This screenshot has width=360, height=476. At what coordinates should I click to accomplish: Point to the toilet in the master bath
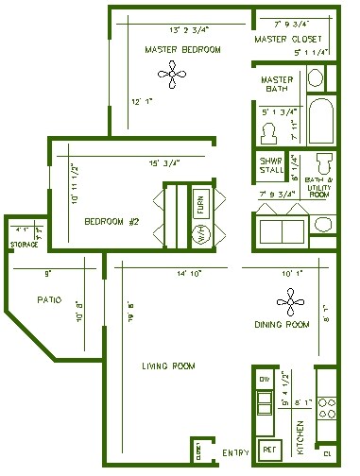tap(268, 129)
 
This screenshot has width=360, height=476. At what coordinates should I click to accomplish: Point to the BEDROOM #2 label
tap(111, 223)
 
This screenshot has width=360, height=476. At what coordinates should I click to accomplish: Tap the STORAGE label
tap(24, 245)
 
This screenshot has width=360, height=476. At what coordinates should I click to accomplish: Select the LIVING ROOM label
tap(167, 366)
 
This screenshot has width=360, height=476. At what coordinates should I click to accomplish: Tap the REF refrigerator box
tap(268, 450)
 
